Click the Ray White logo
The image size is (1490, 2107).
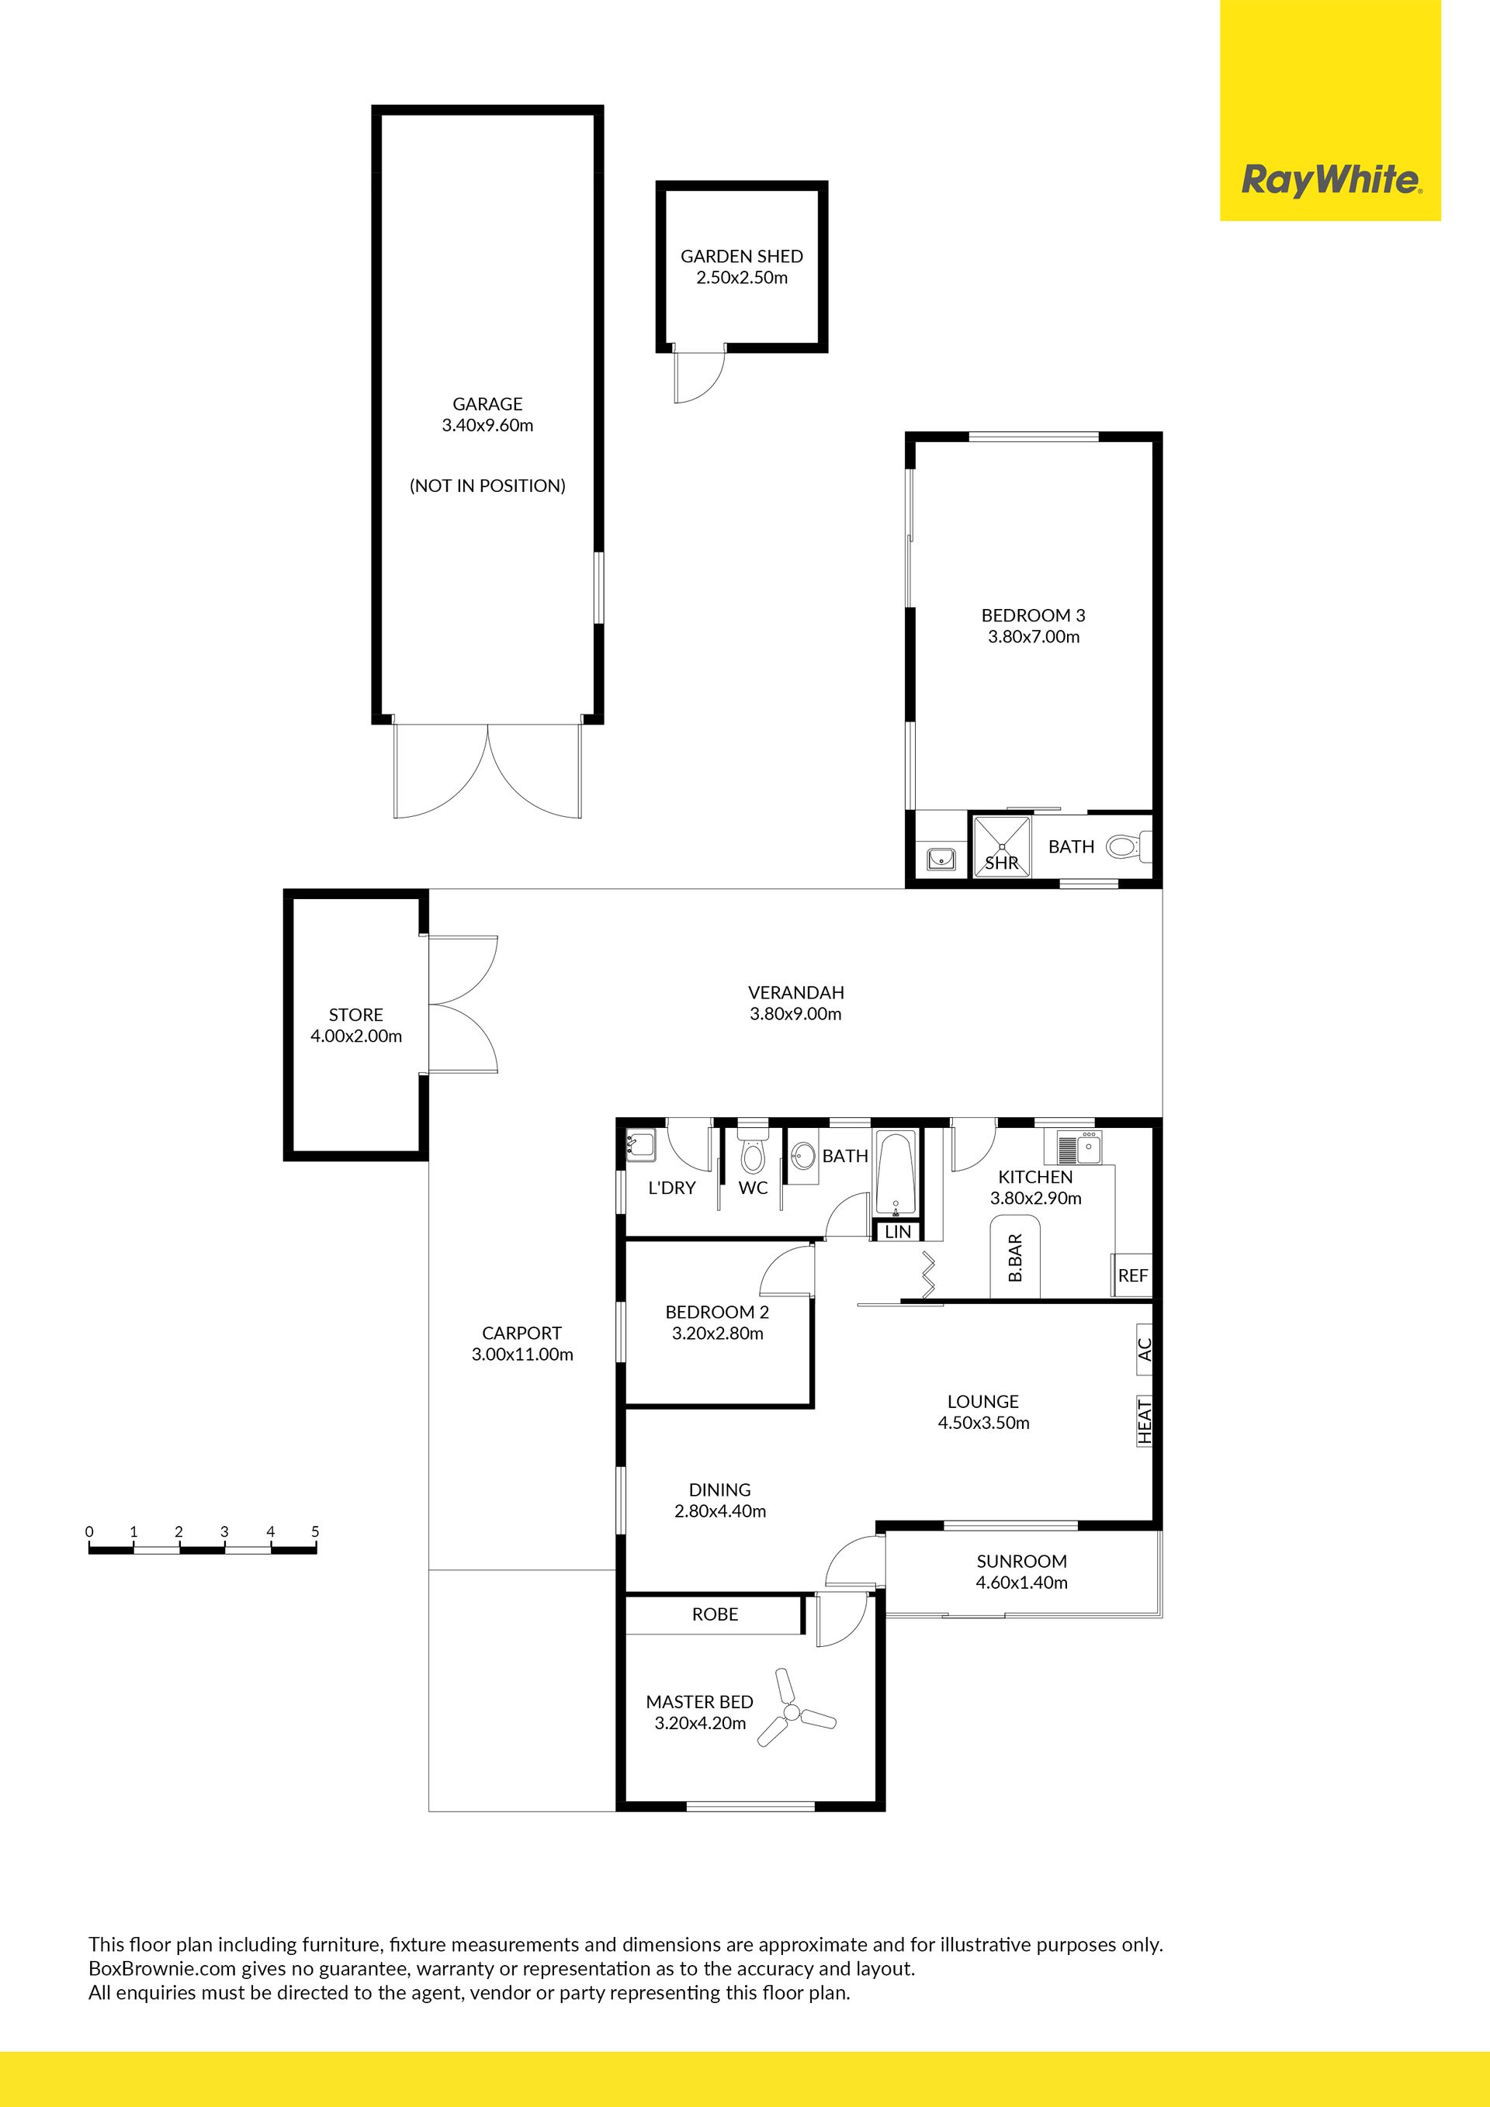coord(1330,179)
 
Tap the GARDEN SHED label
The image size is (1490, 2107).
coord(742,256)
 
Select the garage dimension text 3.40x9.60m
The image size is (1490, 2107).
coord(487,425)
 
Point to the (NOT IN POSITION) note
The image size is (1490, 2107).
coord(487,486)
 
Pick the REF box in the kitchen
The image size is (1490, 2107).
coord(1133,1275)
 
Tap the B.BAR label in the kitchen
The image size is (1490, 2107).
coord(1015,1258)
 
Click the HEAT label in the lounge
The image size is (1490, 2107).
coord(1145,1421)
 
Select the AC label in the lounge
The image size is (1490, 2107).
coord(1145,1349)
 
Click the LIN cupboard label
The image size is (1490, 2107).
coord(898,1231)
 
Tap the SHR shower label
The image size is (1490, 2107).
coord(1002,863)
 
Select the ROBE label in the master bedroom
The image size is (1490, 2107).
coord(716,1614)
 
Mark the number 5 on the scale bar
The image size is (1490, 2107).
coord(315,1531)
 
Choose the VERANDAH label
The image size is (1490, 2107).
coord(796,992)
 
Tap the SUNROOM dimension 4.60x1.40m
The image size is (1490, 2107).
coord(1022,1582)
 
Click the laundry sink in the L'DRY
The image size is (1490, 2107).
coord(640,1145)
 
